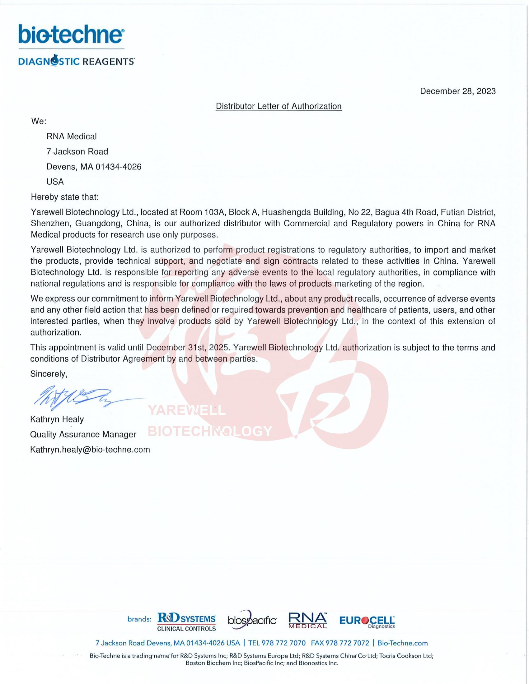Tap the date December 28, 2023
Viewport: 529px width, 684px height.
457,91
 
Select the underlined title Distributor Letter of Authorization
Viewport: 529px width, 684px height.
279,106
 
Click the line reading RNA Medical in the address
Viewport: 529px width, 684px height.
72,136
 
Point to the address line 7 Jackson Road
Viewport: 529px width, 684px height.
77,152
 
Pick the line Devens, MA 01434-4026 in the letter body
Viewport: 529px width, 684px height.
94,167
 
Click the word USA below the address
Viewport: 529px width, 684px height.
55,182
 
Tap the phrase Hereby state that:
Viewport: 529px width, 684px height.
65,197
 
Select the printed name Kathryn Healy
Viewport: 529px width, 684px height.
57,419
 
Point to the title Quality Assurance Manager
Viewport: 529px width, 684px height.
83,434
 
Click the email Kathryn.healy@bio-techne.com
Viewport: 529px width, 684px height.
90,450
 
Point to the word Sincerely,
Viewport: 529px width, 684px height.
49,374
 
